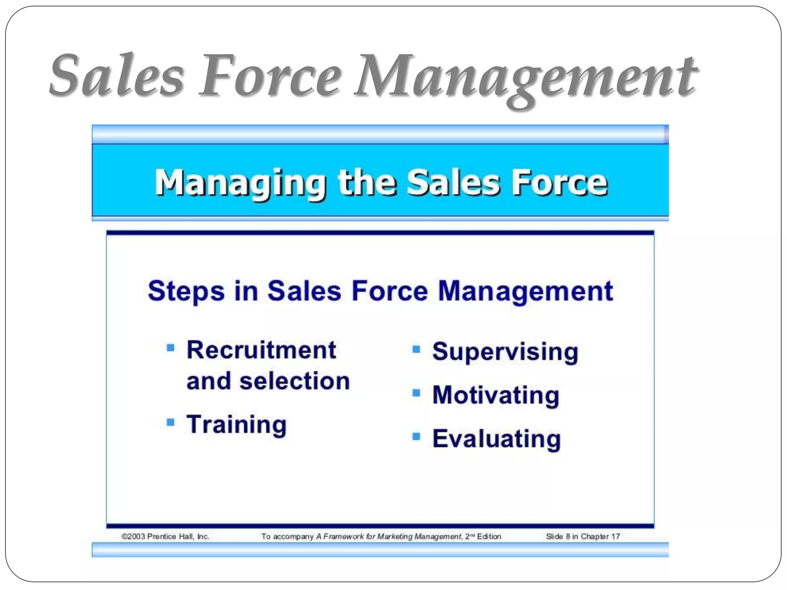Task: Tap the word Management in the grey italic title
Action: (x=525, y=77)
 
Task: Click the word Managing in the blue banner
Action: (x=240, y=184)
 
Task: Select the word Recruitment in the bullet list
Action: (x=261, y=350)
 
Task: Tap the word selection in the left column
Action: (x=295, y=381)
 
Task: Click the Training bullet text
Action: (x=237, y=425)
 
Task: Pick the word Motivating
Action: (x=496, y=396)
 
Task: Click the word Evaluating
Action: (x=496, y=439)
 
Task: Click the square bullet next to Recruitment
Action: (x=170, y=348)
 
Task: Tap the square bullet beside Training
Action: (x=170, y=423)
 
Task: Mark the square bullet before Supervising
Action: (x=416, y=350)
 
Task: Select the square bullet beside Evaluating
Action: (x=416, y=436)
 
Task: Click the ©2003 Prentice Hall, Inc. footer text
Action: (x=166, y=537)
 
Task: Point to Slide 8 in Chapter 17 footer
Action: (x=583, y=537)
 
